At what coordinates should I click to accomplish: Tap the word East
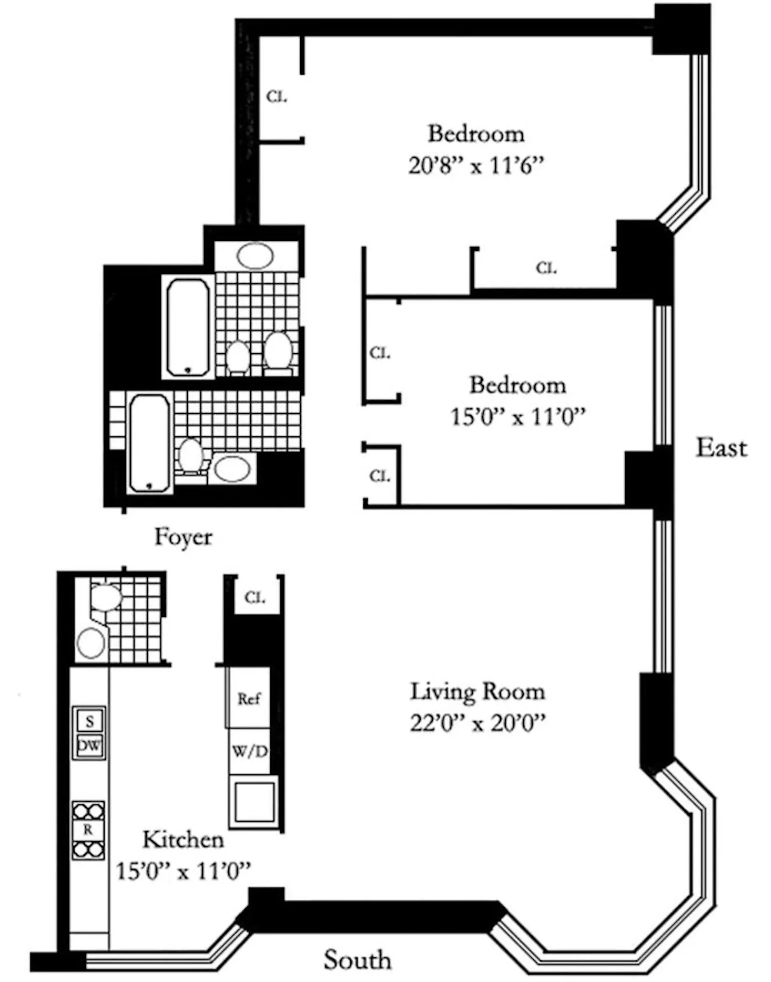pyautogui.click(x=721, y=448)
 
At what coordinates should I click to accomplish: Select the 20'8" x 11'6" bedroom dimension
pyautogui.click(x=476, y=167)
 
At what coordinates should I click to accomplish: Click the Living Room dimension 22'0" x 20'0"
pyautogui.click(x=478, y=723)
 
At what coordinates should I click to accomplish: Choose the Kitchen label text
pyautogui.click(x=183, y=840)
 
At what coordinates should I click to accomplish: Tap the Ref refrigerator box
pyautogui.click(x=249, y=699)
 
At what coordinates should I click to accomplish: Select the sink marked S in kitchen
pyautogui.click(x=90, y=721)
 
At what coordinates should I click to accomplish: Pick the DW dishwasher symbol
pyautogui.click(x=90, y=746)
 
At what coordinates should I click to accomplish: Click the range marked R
pyautogui.click(x=88, y=830)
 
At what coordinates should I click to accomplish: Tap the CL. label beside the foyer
pyautogui.click(x=255, y=598)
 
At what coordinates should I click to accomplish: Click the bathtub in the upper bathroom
pyautogui.click(x=188, y=327)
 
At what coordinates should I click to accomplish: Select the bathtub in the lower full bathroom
pyautogui.click(x=149, y=443)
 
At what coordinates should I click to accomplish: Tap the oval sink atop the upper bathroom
pyautogui.click(x=255, y=255)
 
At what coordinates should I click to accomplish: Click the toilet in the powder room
pyautogui.click(x=106, y=597)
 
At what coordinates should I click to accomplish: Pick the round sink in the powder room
pyautogui.click(x=91, y=643)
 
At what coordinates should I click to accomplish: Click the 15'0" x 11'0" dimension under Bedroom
pyautogui.click(x=518, y=417)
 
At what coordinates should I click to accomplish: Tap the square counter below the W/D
pyautogui.click(x=254, y=802)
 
